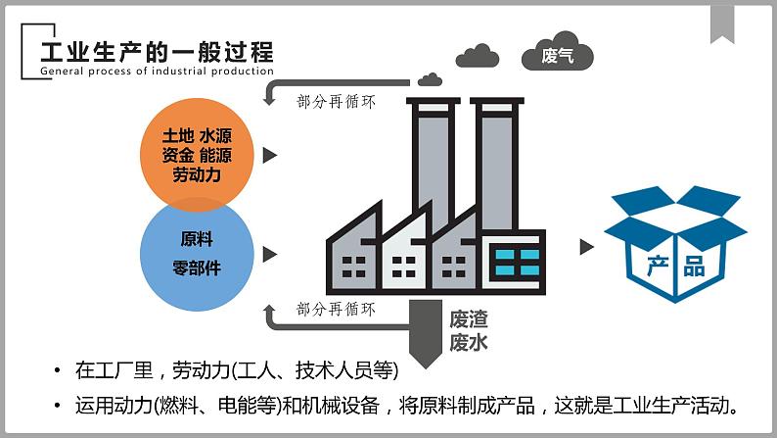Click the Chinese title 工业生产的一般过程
click(x=158, y=52)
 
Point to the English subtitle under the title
click(x=158, y=71)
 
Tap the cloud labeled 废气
click(x=558, y=51)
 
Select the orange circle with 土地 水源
click(x=197, y=154)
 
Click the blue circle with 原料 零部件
click(x=197, y=255)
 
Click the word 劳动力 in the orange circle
click(x=197, y=174)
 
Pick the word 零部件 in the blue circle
click(x=197, y=268)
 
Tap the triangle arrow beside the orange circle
click(x=269, y=155)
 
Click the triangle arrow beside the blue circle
click(x=269, y=255)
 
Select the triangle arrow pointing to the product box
click(x=587, y=247)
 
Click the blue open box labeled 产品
click(x=675, y=244)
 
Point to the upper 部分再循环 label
click(x=336, y=102)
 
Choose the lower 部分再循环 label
click(x=336, y=309)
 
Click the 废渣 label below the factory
click(x=469, y=319)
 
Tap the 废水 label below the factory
click(x=469, y=342)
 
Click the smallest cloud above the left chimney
click(x=430, y=79)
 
